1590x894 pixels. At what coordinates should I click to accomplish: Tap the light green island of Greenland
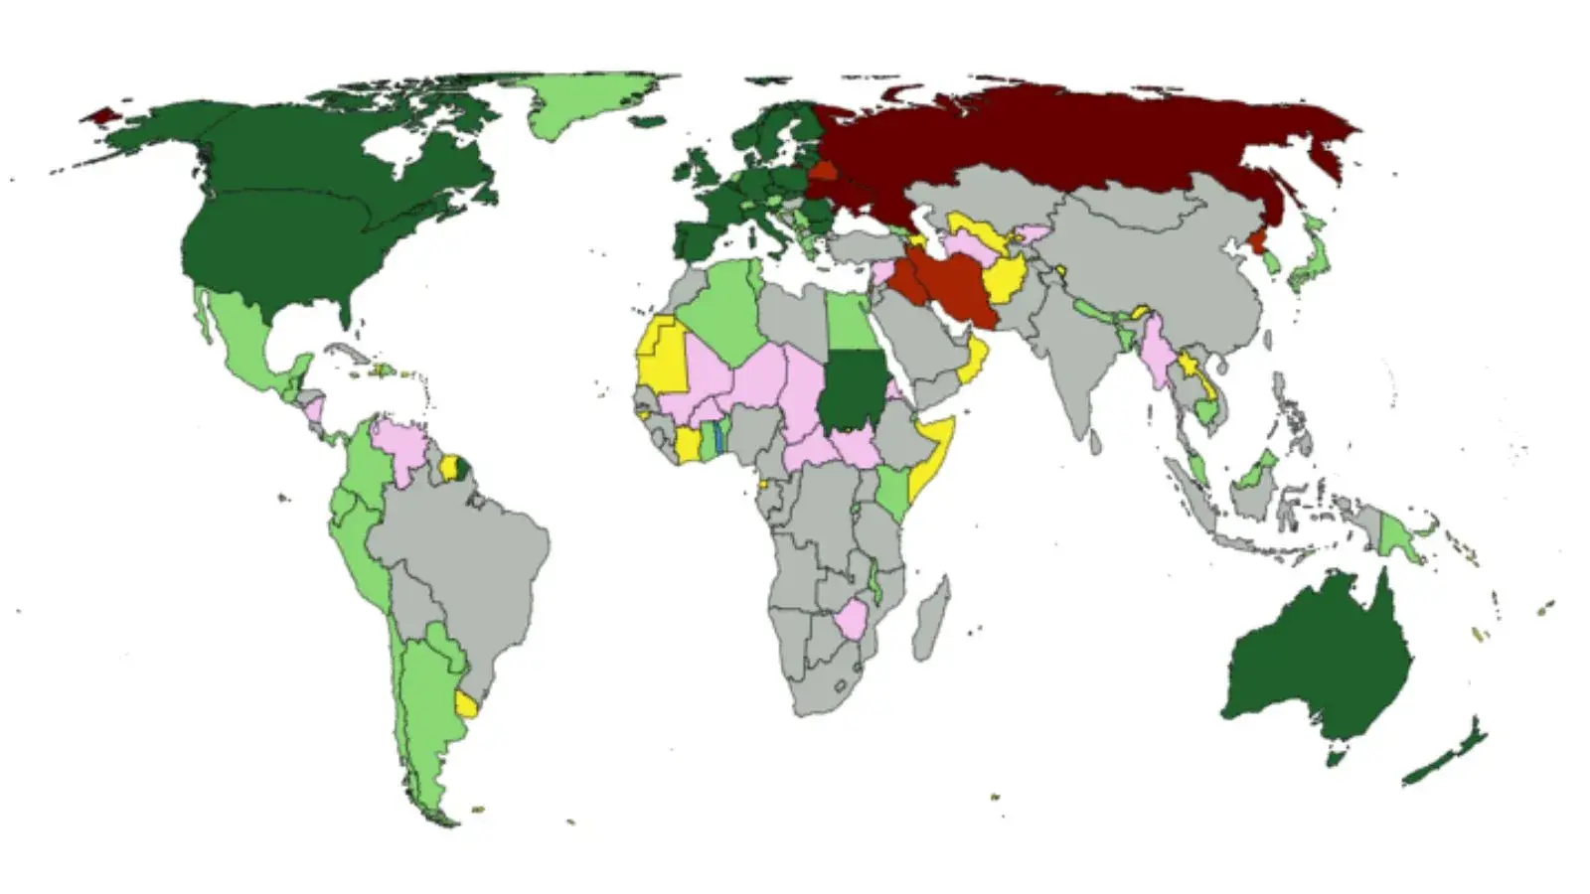tap(586, 104)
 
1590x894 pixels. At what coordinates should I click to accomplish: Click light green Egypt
tap(848, 323)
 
